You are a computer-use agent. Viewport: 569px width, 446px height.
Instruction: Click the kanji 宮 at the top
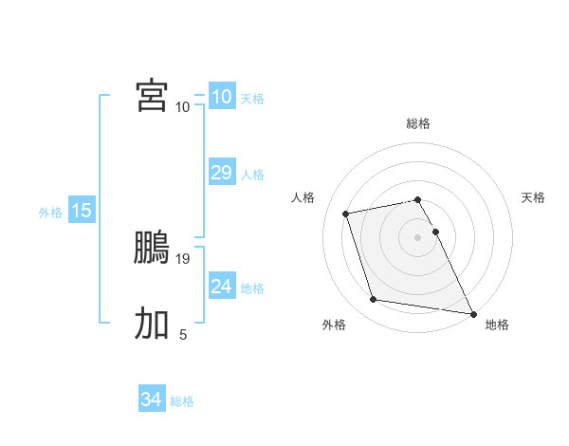[x=152, y=96]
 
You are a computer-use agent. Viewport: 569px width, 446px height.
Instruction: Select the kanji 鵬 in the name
[x=152, y=250]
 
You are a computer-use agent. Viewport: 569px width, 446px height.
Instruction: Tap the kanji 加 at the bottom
[x=152, y=324]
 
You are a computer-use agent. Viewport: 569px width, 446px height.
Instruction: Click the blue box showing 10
[x=221, y=97]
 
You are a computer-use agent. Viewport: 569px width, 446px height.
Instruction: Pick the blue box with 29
[x=221, y=173]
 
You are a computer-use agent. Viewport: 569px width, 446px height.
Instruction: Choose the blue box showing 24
[x=221, y=287]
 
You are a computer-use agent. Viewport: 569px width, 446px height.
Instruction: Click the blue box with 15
[x=82, y=211]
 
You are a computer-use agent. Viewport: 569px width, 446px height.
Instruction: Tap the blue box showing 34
[x=151, y=400]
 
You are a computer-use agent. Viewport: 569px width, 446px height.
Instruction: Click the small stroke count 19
[x=184, y=258]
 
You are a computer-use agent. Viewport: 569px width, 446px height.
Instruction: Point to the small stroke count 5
[x=183, y=334]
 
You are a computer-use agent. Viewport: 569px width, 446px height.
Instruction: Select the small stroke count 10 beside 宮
[x=182, y=106]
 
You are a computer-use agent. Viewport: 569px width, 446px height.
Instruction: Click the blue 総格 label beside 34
[x=182, y=401]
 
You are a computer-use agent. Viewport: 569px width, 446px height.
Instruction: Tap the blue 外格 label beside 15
[x=50, y=213]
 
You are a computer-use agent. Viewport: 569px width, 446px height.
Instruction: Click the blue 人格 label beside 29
[x=252, y=175]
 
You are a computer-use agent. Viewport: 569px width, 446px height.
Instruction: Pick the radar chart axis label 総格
[x=418, y=123]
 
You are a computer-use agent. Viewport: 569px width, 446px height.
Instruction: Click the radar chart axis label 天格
[x=533, y=197]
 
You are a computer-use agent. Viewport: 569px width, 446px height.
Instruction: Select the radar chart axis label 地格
[x=497, y=325]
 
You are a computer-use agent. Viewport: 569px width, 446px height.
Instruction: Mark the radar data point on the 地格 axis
[x=471, y=311]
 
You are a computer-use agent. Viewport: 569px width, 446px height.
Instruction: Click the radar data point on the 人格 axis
[x=346, y=213]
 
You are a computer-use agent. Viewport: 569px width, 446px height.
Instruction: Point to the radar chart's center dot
[x=418, y=236]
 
